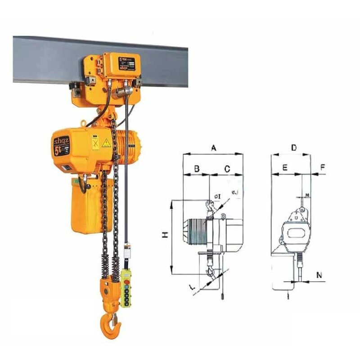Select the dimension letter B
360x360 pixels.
[196, 169]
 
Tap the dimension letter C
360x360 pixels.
[227, 169]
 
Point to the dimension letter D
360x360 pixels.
[293, 148]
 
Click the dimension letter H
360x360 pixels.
[165, 234]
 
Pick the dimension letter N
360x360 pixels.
[319, 274]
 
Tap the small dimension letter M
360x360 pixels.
[307, 194]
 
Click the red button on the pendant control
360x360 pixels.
[127, 281]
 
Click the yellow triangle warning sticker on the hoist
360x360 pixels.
[106, 144]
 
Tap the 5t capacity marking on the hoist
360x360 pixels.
[59, 150]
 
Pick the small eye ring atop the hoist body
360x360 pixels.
[84, 123]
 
